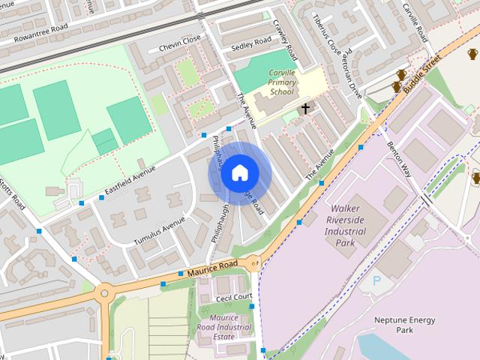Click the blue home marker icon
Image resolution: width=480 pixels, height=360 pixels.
pyautogui.click(x=238, y=173)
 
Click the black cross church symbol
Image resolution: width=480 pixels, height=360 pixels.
pyautogui.click(x=305, y=109)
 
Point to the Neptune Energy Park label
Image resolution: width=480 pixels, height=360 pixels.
pyautogui.click(x=404, y=324)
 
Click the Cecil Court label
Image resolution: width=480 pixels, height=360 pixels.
pyautogui.click(x=233, y=297)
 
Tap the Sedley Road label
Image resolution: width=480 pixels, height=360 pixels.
pyautogui.click(x=250, y=43)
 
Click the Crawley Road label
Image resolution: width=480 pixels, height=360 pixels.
pyautogui.click(x=286, y=40)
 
